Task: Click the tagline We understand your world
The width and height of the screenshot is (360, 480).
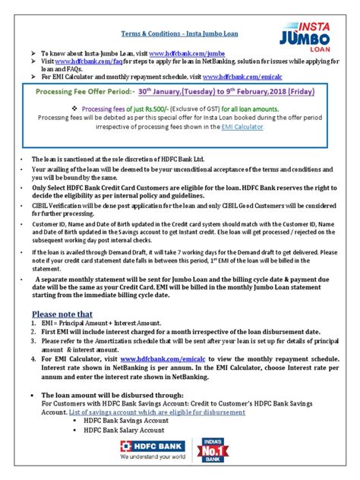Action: click(153, 458)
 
